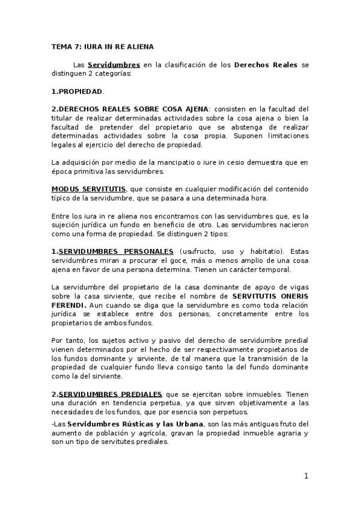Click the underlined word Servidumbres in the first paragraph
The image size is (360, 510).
tap(114, 64)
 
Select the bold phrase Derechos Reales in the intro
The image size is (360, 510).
tap(266, 64)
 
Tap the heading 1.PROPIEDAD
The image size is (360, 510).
tap(77, 92)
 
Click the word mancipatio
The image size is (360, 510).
tap(150, 162)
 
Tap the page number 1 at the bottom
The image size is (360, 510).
tap(305, 476)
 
